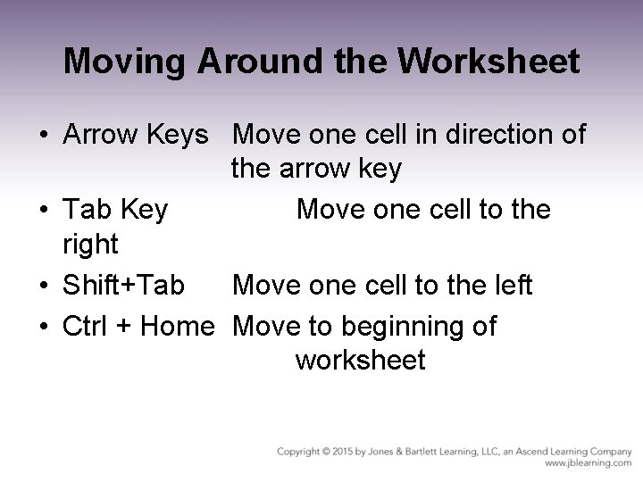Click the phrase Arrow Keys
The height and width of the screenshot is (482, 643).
click(135, 135)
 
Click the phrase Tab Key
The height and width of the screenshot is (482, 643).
click(115, 210)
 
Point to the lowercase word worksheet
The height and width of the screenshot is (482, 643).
click(360, 361)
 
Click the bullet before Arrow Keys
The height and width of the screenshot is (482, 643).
click(43, 137)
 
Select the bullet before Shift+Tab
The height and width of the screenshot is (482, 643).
click(43, 287)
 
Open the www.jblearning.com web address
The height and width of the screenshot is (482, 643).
click(588, 464)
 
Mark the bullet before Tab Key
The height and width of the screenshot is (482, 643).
click(43, 212)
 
